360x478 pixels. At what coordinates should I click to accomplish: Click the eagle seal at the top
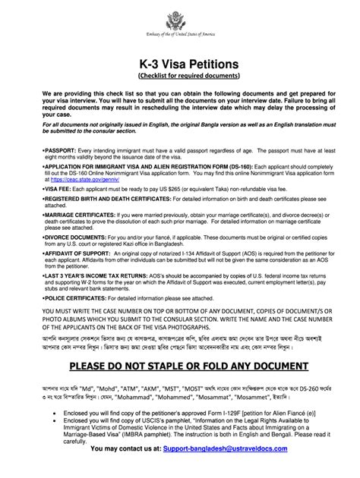click(x=180, y=17)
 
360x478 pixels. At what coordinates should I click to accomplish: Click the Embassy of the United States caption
click(x=180, y=36)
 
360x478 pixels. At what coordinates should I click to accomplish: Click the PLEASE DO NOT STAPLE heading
click(x=180, y=387)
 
